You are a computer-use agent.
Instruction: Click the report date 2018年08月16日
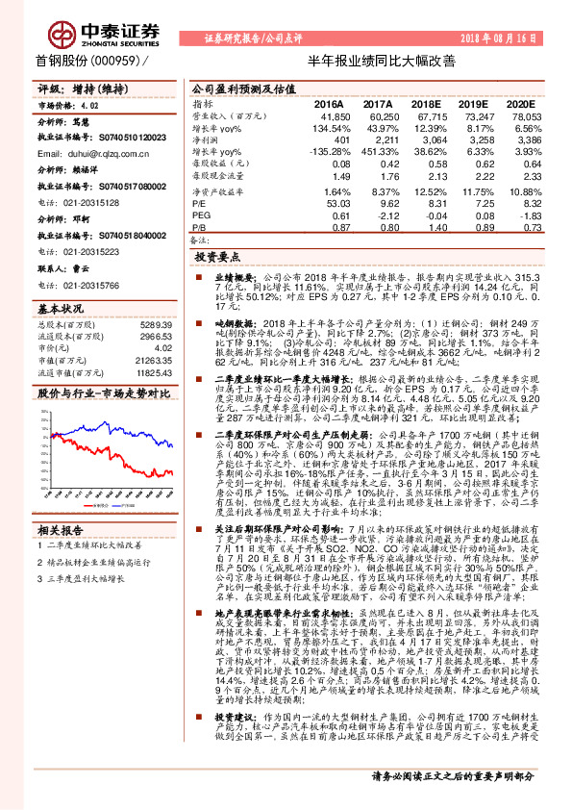pos(510,37)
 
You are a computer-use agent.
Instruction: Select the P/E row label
pos(199,203)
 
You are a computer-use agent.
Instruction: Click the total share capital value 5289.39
pos(157,326)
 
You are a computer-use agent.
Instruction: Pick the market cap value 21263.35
pos(154,360)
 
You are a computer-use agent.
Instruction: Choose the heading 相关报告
pos(60,529)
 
